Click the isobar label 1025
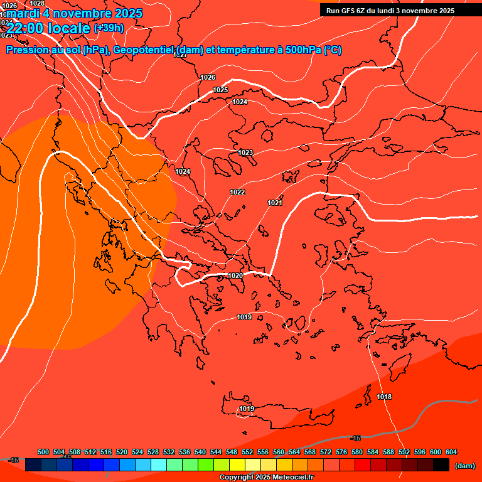click(220, 90)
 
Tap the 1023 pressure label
click(245, 153)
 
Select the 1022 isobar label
click(237, 192)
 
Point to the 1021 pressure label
click(274, 203)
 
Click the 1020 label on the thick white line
click(235, 276)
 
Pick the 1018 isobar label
click(384, 397)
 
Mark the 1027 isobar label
click(181, 55)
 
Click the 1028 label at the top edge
click(38, 3)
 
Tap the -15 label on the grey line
click(355, 438)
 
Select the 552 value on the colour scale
click(247, 452)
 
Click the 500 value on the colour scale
click(43, 452)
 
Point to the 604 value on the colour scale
click(451, 452)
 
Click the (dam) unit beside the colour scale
click(464, 466)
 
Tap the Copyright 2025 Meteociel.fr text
click(266, 478)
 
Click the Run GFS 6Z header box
click(390, 10)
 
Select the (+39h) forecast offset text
click(109, 28)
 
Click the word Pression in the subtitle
click(28, 50)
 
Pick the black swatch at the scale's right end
click(441, 465)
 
